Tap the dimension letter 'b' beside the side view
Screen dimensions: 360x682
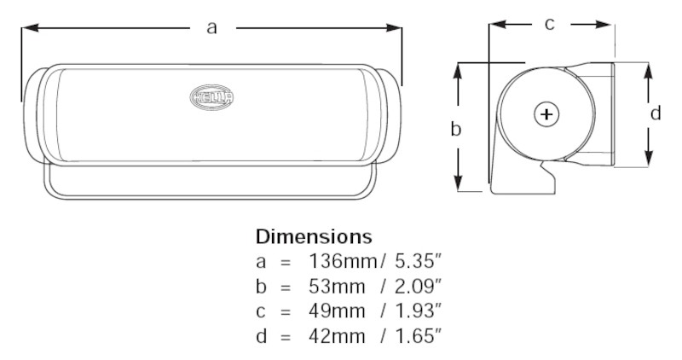coord(455,130)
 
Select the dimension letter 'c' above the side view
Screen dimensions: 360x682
coord(550,25)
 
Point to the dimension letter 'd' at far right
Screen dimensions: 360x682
coord(655,113)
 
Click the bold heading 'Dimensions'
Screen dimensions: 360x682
coord(313,235)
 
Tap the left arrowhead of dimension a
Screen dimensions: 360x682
coord(27,29)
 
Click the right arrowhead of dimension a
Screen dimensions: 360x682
coord(395,29)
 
